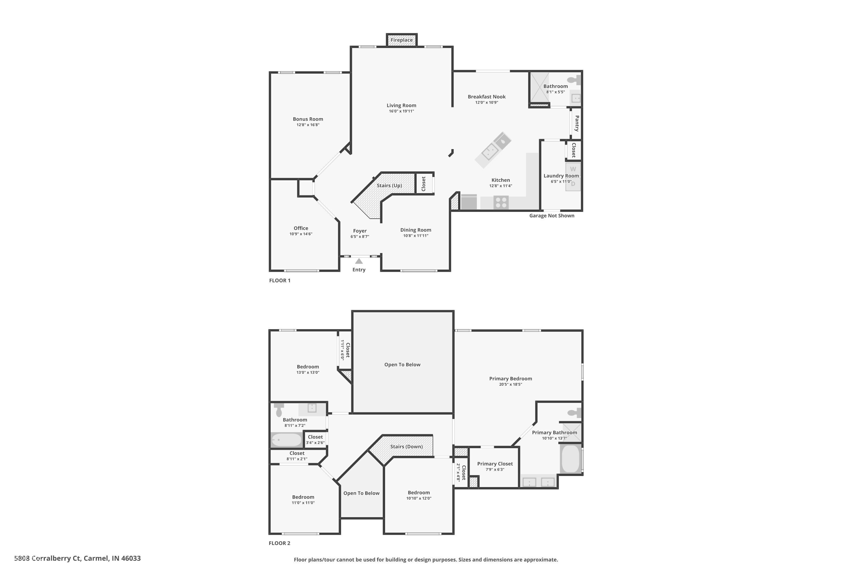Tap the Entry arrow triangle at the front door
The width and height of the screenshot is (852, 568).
[359, 261]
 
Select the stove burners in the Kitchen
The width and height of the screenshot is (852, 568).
[501, 202]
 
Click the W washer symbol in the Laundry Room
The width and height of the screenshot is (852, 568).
[573, 169]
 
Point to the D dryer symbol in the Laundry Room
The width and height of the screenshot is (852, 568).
[573, 184]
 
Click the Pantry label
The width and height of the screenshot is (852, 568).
[577, 124]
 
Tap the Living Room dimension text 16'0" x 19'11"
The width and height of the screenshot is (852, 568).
[401, 111]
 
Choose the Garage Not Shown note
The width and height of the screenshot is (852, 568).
[552, 216]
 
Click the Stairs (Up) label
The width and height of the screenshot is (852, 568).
[389, 185]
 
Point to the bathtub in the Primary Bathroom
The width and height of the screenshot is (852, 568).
[571, 459]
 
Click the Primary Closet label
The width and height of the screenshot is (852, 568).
[495, 464]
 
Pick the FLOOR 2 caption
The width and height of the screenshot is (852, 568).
[279, 543]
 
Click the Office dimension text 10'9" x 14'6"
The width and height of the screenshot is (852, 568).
[301, 234]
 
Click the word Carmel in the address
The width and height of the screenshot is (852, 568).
[96, 558]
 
